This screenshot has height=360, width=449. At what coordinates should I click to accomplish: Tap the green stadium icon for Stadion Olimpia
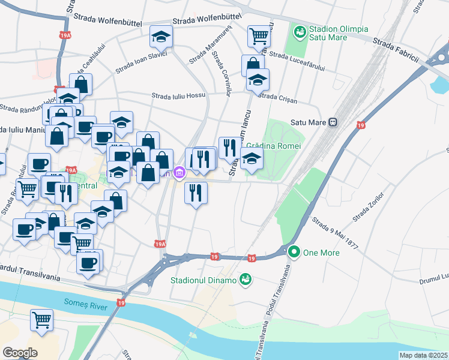pyautogui.click(x=298, y=29)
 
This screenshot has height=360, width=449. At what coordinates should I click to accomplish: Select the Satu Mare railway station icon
pyautogui.click(x=332, y=122)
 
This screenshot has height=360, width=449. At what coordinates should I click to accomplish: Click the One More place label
pyautogui.click(x=321, y=253)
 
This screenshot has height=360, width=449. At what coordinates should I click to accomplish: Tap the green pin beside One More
pyautogui.click(x=294, y=252)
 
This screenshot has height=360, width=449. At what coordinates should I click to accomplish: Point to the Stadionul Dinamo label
pyautogui.click(x=204, y=280)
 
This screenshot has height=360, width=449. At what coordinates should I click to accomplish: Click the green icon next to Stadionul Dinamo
pyautogui.click(x=245, y=279)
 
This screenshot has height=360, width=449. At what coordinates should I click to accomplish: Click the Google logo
pyautogui.click(x=20, y=352)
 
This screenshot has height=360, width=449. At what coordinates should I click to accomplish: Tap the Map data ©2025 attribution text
pyautogui.click(x=423, y=355)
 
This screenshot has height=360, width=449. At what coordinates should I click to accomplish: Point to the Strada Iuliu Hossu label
pyautogui.click(x=178, y=95)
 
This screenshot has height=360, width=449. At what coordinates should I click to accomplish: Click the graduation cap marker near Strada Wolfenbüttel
pyautogui.click(x=160, y=37)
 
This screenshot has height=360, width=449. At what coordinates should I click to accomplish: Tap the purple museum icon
pyautogui.click(x=179, y=173)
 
